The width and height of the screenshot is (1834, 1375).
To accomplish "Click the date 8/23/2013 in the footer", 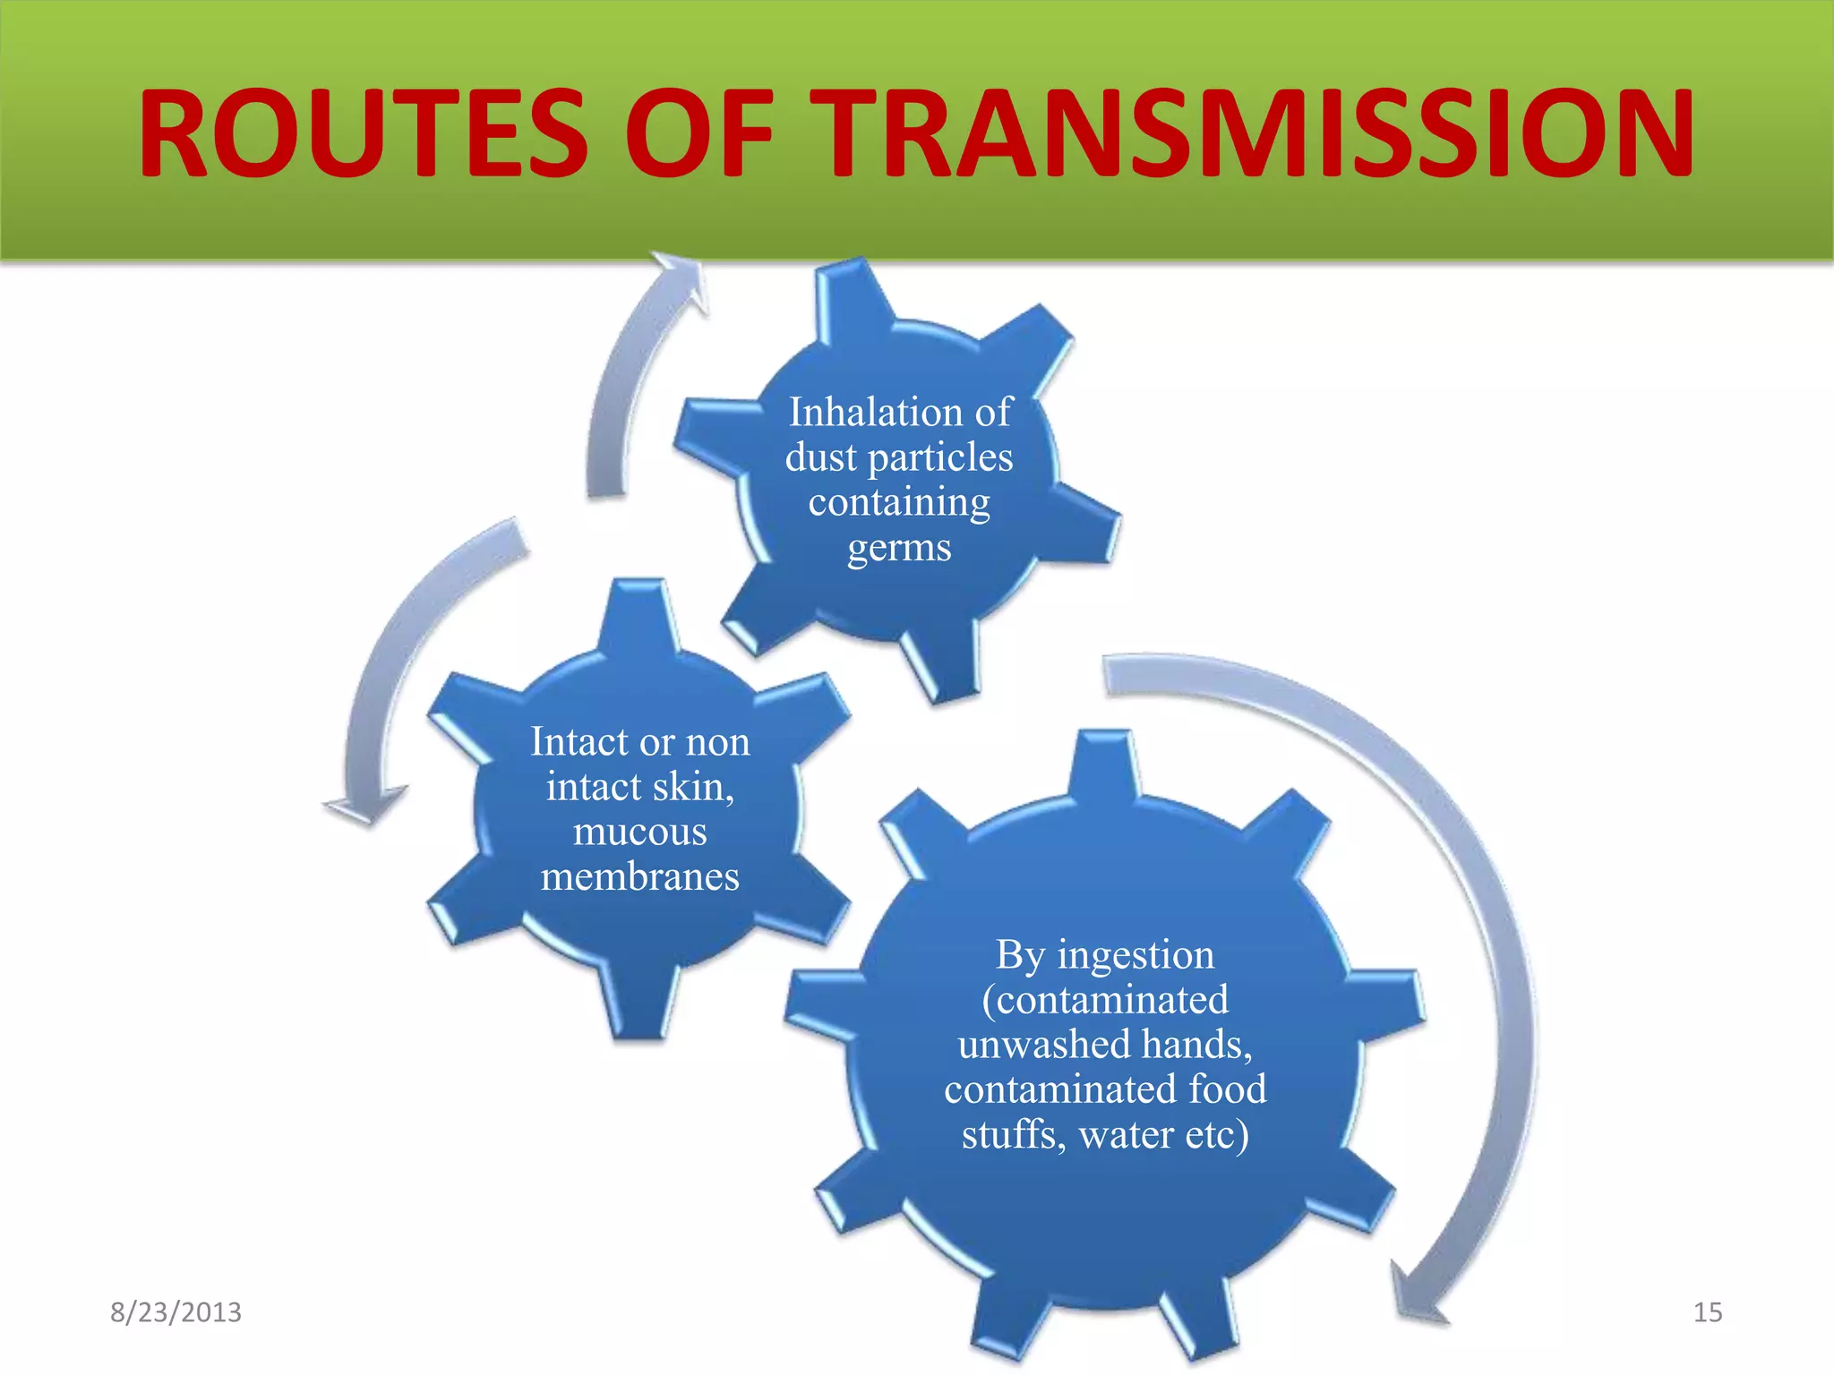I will click(176, 1312).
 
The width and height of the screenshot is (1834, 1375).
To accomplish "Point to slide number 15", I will click(1707, 1312).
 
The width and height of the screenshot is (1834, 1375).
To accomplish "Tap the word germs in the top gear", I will click(899, 548).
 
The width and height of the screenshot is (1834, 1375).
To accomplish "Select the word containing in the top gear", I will click(899, 502).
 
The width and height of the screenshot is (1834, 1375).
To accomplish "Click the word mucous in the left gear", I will click(639, 833).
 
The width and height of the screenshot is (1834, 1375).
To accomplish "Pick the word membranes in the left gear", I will click(639, 877).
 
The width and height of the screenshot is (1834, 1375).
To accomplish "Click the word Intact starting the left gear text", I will click(578, 742).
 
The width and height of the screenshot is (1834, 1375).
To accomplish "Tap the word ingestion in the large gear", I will click(1136, 955).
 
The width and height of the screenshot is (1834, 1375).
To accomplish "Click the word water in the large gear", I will click(1127, 1135).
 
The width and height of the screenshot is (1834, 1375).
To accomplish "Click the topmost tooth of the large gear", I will click(1105, 761).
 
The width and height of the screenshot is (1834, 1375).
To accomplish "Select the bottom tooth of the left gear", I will click(639, 1007).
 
